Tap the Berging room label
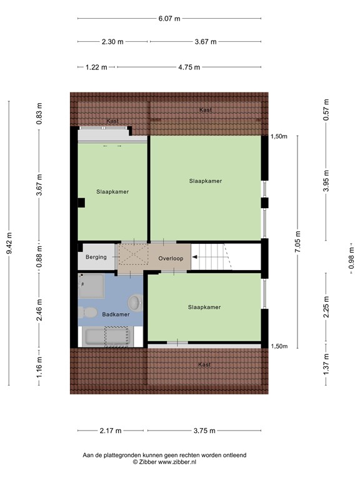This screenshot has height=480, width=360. click(96, 257)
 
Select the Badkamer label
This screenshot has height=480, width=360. click(116, 314)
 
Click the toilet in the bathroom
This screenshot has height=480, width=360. click(88, 311)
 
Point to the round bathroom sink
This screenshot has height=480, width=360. click(135, 303)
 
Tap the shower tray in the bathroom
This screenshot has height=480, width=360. click(91, 286)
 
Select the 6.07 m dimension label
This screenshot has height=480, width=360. click(169, 19)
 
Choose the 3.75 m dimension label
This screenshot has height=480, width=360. click(204, 430)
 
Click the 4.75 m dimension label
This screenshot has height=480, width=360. click(188, 67)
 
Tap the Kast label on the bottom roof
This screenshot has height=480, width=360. click(204, 364)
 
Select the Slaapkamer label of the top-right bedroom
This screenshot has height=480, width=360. click(206, 181)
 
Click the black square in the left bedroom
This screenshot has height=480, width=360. click(81, 202)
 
